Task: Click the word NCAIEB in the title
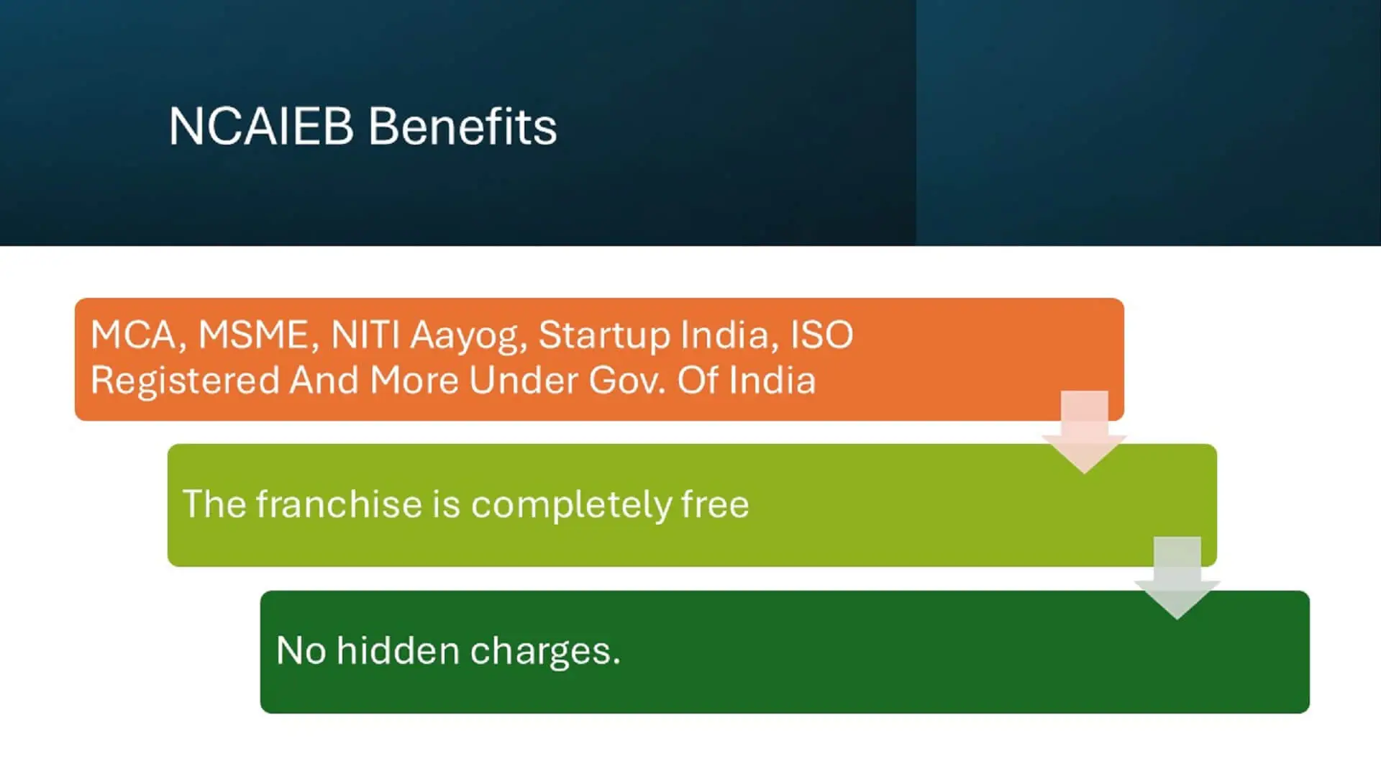click(261, 127)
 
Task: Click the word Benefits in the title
click(462, 127)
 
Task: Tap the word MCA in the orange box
click(134, 335)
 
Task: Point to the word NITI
click(365, 335)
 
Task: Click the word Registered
click(185, 381)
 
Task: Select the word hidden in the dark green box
click(398, 650)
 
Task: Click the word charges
click(544, 652)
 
